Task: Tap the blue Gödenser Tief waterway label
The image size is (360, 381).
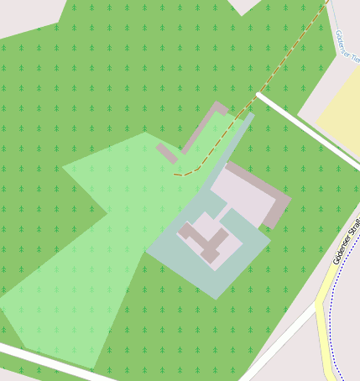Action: (x=344, y=42)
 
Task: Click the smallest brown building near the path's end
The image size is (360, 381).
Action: (x=166, y=153)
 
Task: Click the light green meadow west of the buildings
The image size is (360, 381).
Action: (x=92, y=252)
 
